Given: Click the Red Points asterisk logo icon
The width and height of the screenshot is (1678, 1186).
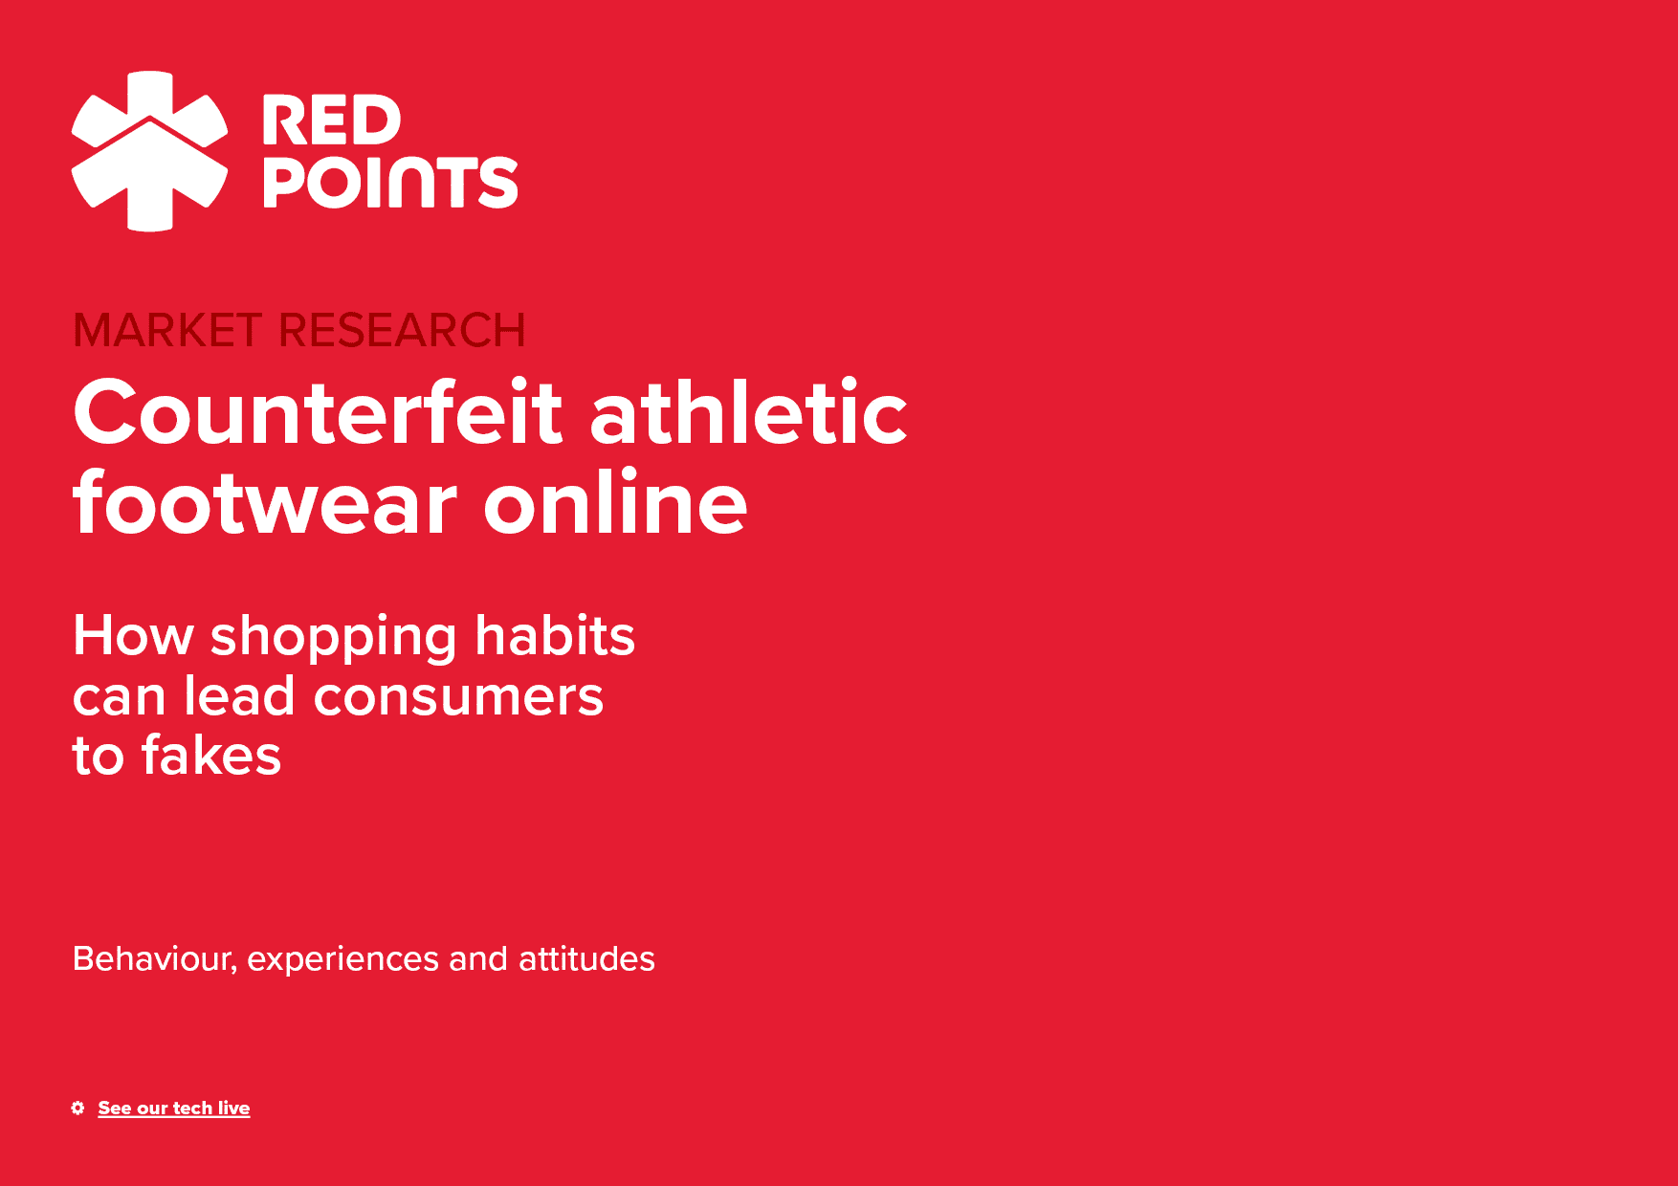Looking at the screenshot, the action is pos(149,151).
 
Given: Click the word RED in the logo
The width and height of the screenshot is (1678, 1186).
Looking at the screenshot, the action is pos(331,121).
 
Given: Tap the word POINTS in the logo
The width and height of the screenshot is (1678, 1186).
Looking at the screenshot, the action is pos(390,182).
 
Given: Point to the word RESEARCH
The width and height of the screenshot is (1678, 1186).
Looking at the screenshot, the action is pos(402,331).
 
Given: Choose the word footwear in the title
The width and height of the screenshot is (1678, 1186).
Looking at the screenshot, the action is pos(265,502).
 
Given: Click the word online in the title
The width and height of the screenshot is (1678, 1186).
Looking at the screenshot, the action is pos(615,502).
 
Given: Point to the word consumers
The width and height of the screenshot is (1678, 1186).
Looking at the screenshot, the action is pos(458,697).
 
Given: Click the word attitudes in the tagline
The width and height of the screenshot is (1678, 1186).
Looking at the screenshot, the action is pos(586,958).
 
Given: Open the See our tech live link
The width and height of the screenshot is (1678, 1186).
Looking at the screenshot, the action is pos(174,1108).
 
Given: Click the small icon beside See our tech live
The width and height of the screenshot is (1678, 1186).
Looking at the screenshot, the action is pos(77,1108).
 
